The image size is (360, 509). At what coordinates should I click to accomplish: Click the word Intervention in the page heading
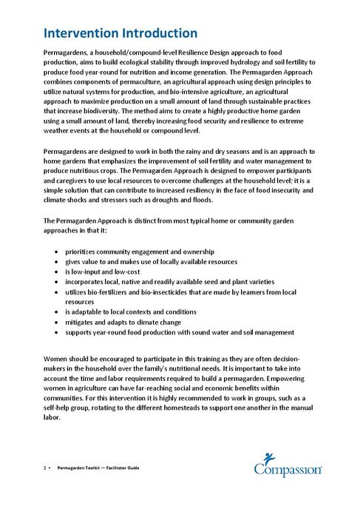coord(83,33)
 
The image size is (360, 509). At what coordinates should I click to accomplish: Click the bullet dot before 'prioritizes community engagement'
coord(58,252)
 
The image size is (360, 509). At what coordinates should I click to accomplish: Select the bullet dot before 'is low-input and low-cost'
coord(58,272)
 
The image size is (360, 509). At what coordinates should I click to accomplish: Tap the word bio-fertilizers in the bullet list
coord(106,292)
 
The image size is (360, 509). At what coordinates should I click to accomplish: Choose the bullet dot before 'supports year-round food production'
coord(58,332)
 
